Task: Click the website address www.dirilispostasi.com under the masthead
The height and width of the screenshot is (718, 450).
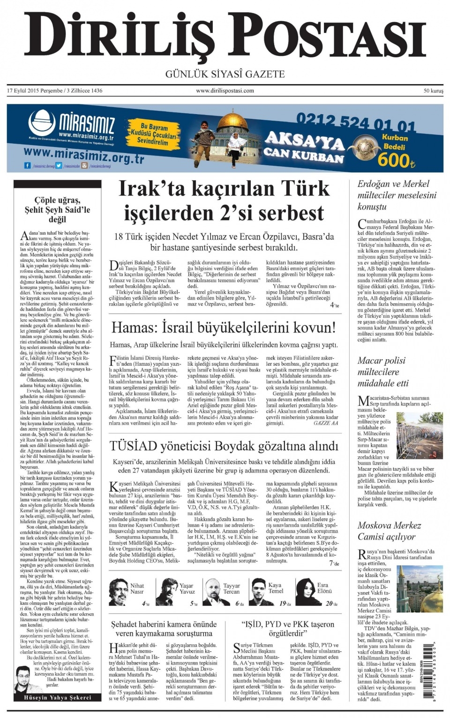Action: pos(225,91)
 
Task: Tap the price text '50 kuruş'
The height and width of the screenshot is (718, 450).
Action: pos(433,91)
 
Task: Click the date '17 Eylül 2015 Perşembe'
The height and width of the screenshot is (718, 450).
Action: pos(34,91)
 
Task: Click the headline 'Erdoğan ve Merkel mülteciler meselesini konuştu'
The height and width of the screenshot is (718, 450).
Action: pos(397,195)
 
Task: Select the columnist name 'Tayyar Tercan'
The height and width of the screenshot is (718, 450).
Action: pos(231,589)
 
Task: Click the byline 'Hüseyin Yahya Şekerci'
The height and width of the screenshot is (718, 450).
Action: pos(57,697)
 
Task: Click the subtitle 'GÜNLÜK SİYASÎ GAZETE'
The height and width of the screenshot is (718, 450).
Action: pos(225,74)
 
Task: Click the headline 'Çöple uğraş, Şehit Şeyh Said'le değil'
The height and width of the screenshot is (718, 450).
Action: pos(57,209)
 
